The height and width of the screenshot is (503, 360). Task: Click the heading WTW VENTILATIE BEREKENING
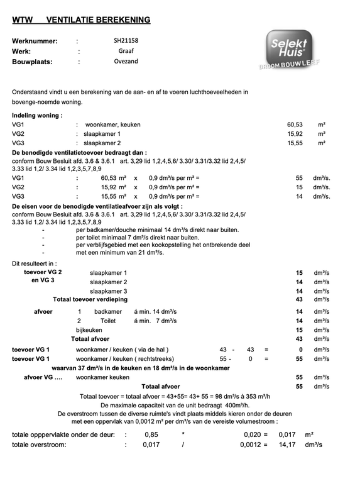pyautogui.click(x=81, y=20)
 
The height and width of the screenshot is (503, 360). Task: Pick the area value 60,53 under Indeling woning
pyautogui.click(x=295, y=125)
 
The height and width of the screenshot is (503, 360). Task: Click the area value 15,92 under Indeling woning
pyautogui.click(x=295, y=134)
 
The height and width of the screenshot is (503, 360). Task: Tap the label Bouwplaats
pyautogui.click(x=32, y=62)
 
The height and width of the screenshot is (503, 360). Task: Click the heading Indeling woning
pyautogui.click(x=37, y=116)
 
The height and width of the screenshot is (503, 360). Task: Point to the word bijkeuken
pyautogui.click(x=89, y=330)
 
